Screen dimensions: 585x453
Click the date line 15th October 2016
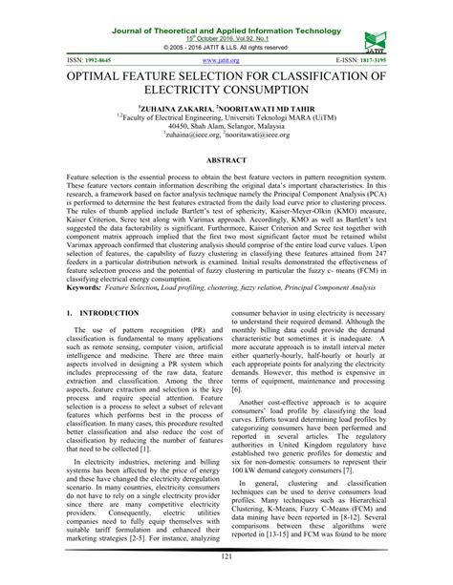click(x=223, y=19)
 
